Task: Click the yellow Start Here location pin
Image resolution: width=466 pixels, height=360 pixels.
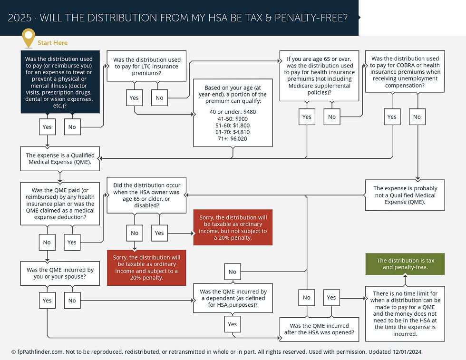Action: tap(29, 38)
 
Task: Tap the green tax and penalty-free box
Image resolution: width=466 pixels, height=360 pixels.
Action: tap(405, 264)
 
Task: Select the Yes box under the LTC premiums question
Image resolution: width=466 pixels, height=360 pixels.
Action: tap(134, 98)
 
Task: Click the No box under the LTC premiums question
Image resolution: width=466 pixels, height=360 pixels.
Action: tap(159, 98)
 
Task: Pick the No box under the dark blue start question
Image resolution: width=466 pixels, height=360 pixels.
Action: tap(72, 127)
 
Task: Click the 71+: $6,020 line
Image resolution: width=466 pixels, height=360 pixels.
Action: tap(233, 139)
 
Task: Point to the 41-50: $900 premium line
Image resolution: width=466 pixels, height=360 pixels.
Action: tap(233, 118)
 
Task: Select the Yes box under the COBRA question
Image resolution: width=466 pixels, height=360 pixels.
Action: tap(392, 117)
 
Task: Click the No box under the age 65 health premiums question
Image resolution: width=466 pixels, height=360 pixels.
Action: tap(332, 117)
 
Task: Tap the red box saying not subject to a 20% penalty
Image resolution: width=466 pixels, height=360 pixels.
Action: tap(233, 227)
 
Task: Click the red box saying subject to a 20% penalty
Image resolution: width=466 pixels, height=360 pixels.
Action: tap(146, 267)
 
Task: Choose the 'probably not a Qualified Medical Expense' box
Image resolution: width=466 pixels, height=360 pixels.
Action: tap(405, 195)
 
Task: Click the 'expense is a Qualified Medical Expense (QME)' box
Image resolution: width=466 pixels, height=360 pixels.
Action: tap(60, 159)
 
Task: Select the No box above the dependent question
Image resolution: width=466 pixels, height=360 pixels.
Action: tap(233, 272)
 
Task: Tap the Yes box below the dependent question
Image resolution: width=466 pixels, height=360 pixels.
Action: tap(233, 324)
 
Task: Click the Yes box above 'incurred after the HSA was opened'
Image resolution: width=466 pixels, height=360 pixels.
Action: tap(331, 298)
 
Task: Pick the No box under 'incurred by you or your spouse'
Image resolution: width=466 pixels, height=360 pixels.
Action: tap(72, 301)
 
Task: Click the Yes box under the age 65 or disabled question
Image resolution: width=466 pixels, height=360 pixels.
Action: tap(159, 233)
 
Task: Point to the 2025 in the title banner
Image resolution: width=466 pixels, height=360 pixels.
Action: tap(19, 18)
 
